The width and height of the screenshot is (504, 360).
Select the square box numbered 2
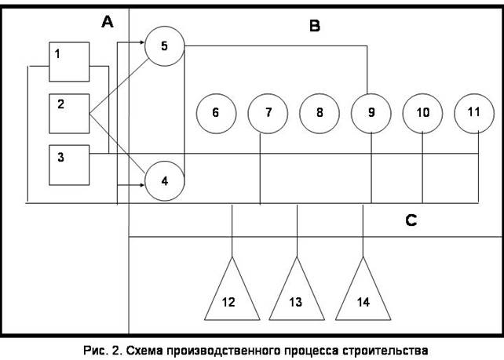[69, 114]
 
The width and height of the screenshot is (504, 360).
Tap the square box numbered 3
[69, 163]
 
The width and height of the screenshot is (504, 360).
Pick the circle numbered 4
[164, 180]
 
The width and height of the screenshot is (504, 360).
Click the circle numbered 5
[164, 46]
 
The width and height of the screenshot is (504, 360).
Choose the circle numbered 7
[268, 113]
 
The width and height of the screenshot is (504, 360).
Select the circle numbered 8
[319, 113]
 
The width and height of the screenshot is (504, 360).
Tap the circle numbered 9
[371, 113]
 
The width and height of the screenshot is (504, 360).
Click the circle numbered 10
[422, 113]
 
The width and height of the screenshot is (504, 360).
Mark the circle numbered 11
[473, 112]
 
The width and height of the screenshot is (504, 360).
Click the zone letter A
[108, 22]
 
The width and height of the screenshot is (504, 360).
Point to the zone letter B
[314, 27]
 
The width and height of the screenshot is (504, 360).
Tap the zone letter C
[411, 220]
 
